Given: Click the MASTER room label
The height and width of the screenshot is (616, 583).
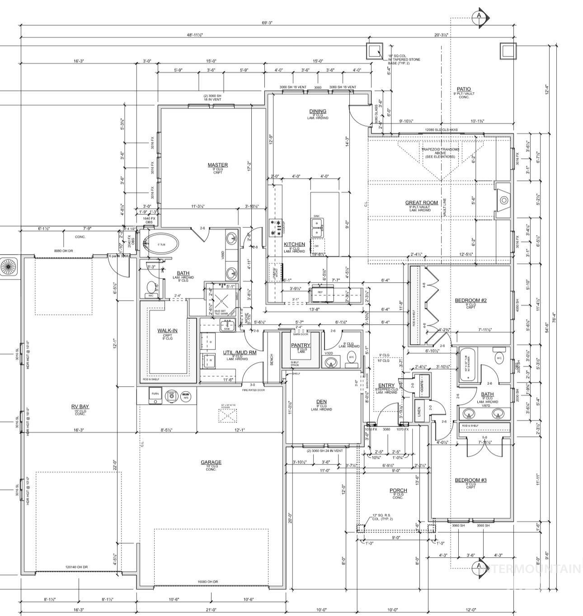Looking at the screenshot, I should pyautogui.click(x=217, y=165).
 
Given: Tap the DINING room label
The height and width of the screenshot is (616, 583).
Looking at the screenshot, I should pyautogui.click(x=318, y=111).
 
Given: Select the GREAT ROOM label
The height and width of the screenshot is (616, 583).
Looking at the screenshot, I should pyautogui.click(x=421, y=203).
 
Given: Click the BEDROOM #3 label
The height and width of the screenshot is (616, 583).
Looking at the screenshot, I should pyautogui.click(x=470, y=480).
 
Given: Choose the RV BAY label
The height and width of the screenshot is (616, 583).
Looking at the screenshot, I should pyautogui.click(x=80, y=407).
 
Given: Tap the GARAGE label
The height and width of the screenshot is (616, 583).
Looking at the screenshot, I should pyautogui.click(x=211, y=462).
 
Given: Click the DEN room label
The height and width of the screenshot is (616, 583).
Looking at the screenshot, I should pyautogui.click(x=321, y=402).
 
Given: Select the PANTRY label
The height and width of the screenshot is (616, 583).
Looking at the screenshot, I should pyautogui.click(x=301, y=346).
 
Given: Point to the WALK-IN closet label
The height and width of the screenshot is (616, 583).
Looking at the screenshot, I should pyautogui.click(x=167, y=331).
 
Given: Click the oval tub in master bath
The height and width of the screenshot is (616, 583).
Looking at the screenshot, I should pyautogui.click(x=161, y=244).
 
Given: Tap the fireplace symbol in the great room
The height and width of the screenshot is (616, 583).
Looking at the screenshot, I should pyautogui.click(x=503, y=200).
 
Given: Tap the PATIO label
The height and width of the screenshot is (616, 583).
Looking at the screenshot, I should pyautogui.click(x=464, y=89).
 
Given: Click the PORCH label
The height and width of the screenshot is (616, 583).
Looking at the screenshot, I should pyautogui.click(x=398, y=490).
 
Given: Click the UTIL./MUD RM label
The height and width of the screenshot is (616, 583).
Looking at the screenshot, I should pyautogui.click(x=240, y=352).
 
